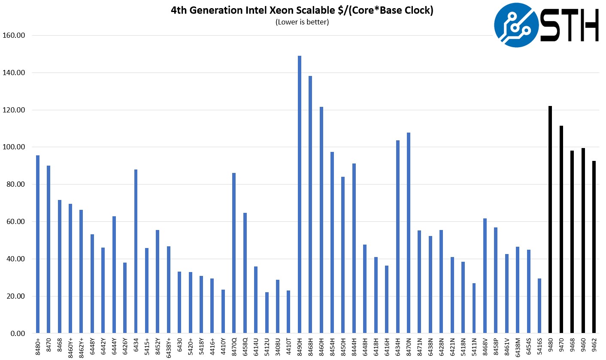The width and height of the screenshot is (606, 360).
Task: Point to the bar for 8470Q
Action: coord(234,253)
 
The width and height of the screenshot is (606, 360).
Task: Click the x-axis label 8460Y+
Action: coord(70,346)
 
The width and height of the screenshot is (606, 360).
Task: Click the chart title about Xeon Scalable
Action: coord(302,11)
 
